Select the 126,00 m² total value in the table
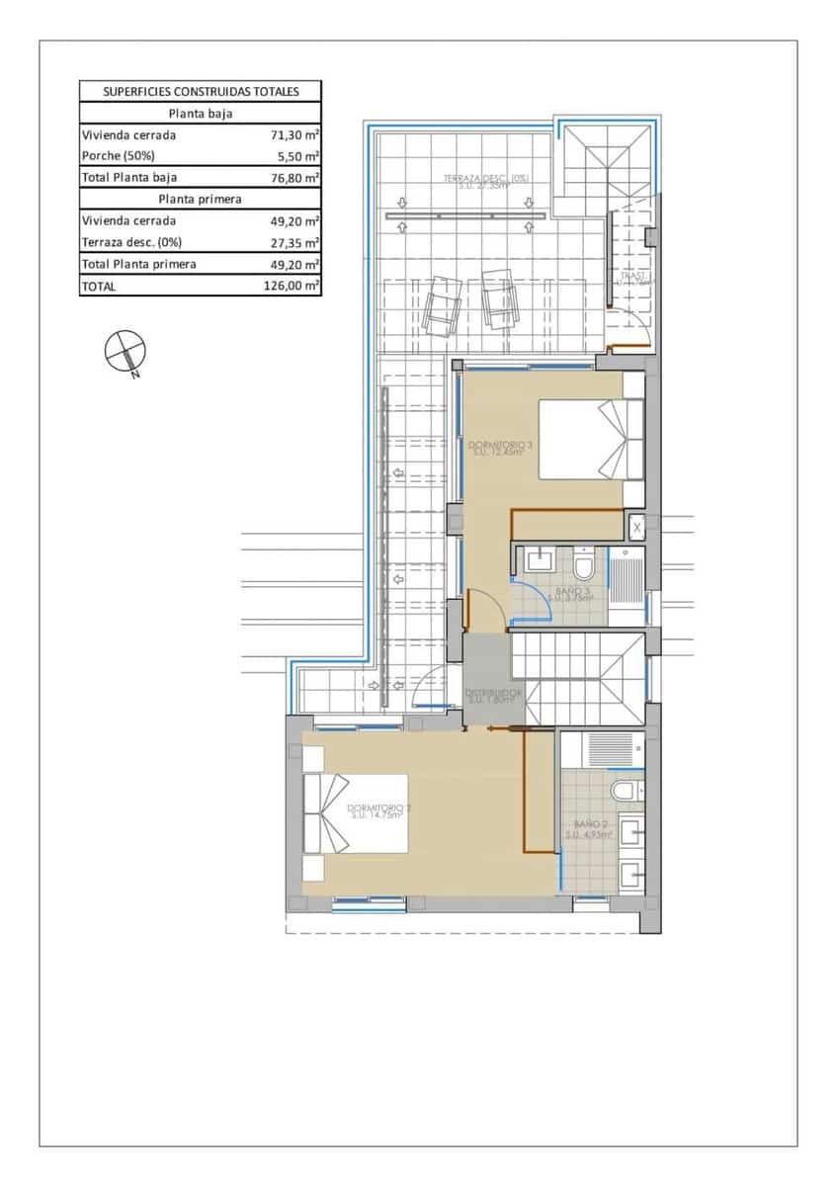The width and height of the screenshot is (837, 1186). pos(296,287)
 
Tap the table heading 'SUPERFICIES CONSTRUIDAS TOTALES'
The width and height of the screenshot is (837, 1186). pos(201,92)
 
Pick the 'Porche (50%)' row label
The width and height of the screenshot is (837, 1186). pos(119,156)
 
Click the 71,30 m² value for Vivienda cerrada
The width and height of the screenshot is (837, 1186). pos(296,135)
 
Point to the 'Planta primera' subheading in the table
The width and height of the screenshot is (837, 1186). pos(201,199)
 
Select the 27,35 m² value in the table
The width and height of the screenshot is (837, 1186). pos(296,242)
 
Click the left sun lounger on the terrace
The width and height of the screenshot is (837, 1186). pos(441,302)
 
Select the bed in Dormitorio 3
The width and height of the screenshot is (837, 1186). pos(589,439)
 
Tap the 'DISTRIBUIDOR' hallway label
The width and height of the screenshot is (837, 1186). pos(493,695)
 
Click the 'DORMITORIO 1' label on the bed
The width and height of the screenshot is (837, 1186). pos(378,812)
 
